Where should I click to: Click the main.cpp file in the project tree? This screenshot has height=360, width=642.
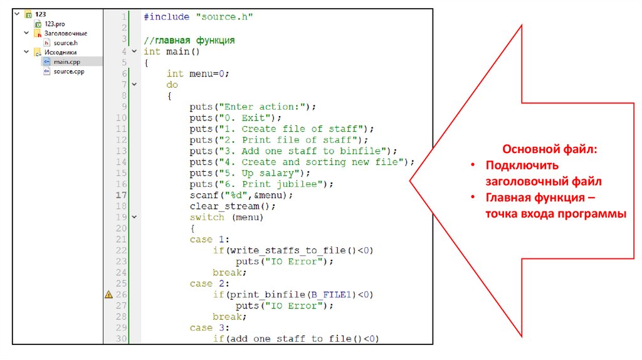click(x=66, y=61)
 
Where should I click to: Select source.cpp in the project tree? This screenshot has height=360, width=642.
click(x=68, y=71)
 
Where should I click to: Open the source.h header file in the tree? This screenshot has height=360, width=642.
click(x=65, y=42)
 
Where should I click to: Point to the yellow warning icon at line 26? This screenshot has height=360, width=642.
click(x=108, y=294)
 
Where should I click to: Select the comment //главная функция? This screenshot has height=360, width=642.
click(x=189, y=40)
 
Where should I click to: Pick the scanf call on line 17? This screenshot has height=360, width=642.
click(x=204, y=195)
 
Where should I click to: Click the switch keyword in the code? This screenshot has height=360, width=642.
click(x=207, y=217)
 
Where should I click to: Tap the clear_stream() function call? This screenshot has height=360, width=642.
click(x=233, y=206)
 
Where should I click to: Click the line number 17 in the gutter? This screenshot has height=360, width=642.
click(x=121, y=195)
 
